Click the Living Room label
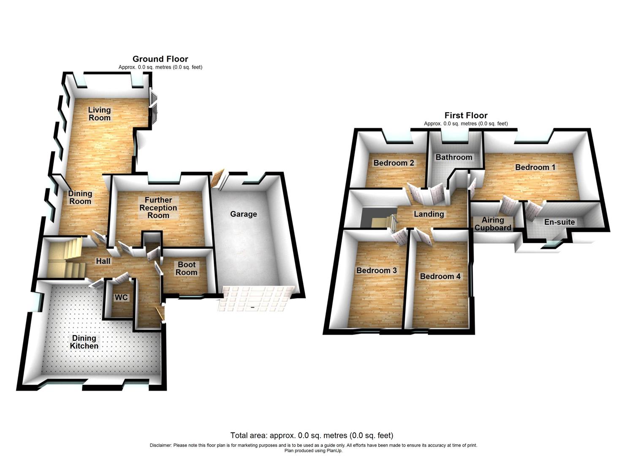(100, 114)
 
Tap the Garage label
(244, 214)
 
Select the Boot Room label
(187, 269)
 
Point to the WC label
(121, 298)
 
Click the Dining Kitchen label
(84, 342)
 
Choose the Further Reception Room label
(158, 208)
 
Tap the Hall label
(103, 261)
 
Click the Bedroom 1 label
(535, 167)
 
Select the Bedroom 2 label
(394, 163)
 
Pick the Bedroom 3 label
(377, 270)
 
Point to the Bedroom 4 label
(440, 276)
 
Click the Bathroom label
(454, 157)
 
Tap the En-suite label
(559, 222)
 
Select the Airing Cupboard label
(493, 224)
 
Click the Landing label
(429, 214)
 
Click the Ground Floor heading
(160, 59)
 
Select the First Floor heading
(466, 115)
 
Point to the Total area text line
(312, 435)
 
